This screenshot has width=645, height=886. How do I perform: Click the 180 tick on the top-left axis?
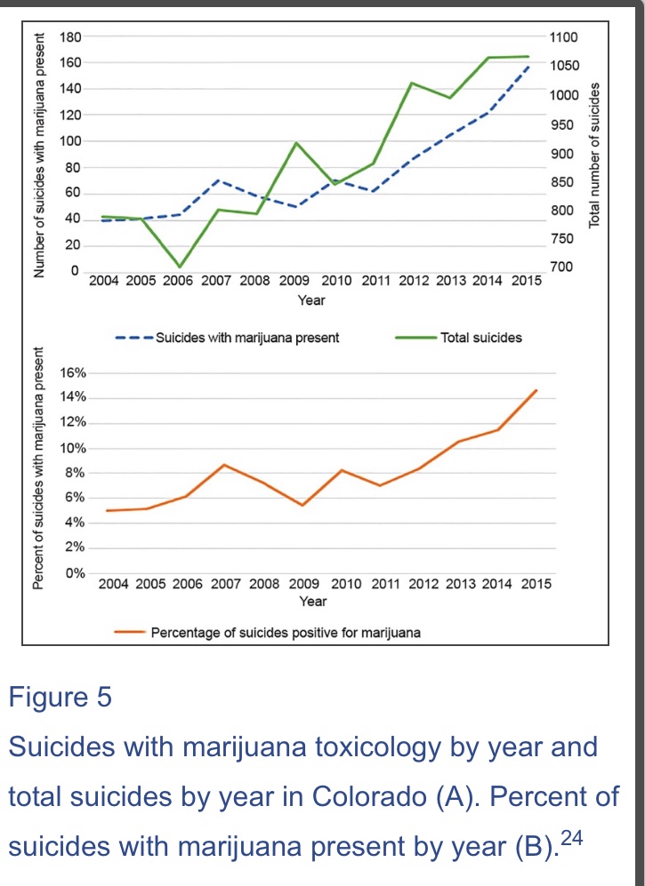tap(70, 37)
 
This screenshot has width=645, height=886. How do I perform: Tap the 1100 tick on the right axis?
tap(564, 37)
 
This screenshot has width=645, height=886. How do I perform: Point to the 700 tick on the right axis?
tap(561, 267)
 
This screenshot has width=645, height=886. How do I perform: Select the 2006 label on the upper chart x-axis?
tap(181, 282)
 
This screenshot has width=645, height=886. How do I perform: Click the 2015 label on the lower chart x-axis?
tap(535, 584)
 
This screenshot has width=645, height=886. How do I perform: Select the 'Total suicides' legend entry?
tap(481, 338)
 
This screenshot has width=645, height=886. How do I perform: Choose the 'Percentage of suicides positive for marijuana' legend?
tap(286, 634)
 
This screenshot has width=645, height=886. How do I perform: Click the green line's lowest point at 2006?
tap(180, 267)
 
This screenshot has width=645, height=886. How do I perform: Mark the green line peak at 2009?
tap(296, 143)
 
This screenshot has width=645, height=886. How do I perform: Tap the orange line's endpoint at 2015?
tap(536, 390)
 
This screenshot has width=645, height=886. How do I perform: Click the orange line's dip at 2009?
tap(303, 505)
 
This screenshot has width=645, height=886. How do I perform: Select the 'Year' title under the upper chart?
tap(310, 300)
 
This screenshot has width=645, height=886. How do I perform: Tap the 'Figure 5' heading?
tap(60, 697)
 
